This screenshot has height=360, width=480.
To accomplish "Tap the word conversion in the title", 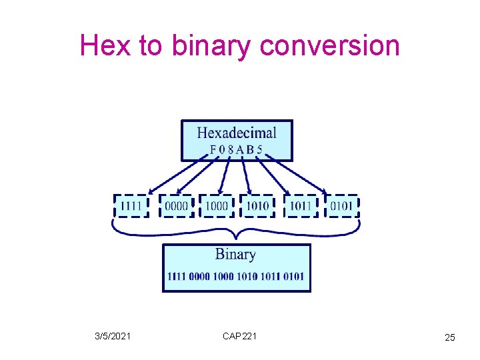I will pos(330,45).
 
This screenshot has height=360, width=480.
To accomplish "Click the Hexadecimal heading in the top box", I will pos(237,132).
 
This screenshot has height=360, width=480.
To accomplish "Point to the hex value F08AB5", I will pos(237,149).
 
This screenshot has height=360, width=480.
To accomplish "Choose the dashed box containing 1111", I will pos(131,206).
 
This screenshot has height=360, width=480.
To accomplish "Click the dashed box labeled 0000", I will pos(176,206).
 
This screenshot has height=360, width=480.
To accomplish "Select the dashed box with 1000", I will pos(217,206).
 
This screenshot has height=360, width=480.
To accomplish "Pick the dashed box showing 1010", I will pos(257,206).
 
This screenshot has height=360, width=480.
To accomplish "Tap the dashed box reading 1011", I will pos(300,206).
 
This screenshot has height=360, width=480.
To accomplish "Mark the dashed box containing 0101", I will pos(341,206).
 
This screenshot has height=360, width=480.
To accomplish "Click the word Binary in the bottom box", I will pos(235,254).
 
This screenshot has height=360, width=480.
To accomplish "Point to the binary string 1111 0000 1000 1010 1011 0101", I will pos(236,276).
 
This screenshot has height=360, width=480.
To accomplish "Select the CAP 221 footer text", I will pos(239,336).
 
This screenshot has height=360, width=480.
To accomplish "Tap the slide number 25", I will pos(450,338).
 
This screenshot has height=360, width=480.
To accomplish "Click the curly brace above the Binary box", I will pos(235,230).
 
